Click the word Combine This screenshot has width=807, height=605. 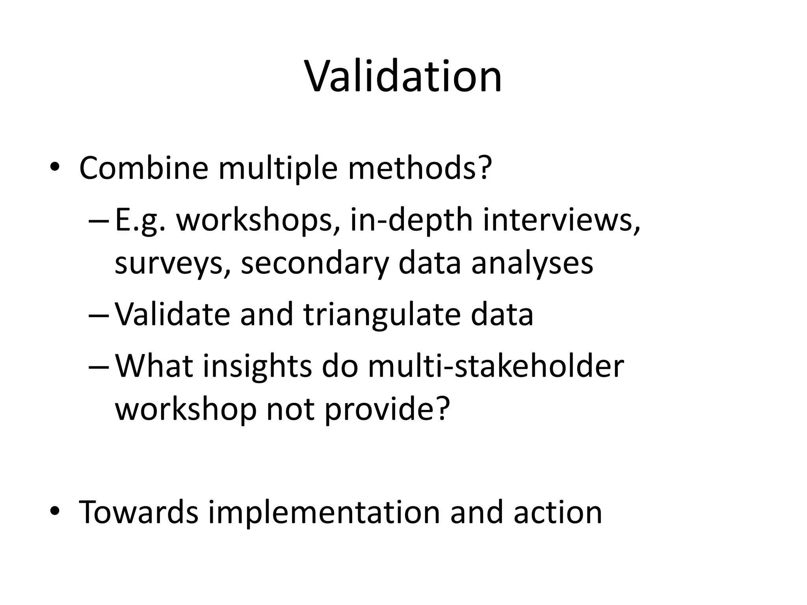point(143,168)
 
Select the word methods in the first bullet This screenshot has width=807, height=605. point(420,168)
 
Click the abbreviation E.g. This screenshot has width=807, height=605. point(140,221)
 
